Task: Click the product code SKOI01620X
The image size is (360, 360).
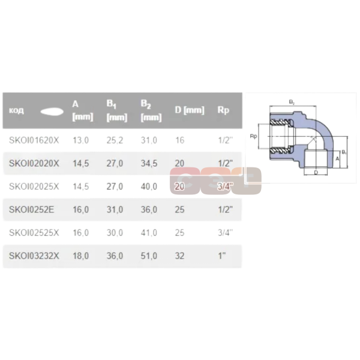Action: click(x=34, y=140)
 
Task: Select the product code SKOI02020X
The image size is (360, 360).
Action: click(x=34, y=163)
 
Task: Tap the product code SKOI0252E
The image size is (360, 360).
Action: click(x=31, y=209)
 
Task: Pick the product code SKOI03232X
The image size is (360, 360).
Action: click(x=34, y=255)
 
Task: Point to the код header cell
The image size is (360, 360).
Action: click(x=16, y=111)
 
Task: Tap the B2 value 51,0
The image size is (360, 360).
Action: click(x=149, y=255)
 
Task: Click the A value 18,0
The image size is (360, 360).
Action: click(x=80, y=255)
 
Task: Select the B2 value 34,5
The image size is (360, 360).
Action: click(x=149, y=163)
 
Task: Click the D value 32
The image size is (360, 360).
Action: click(x=179, y=255)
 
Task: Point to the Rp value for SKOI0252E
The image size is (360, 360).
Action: click(x=224, y=209)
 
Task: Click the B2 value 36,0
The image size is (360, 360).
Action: click(x=149, y=209)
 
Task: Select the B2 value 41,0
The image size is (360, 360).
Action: click(x=149, y=232)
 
